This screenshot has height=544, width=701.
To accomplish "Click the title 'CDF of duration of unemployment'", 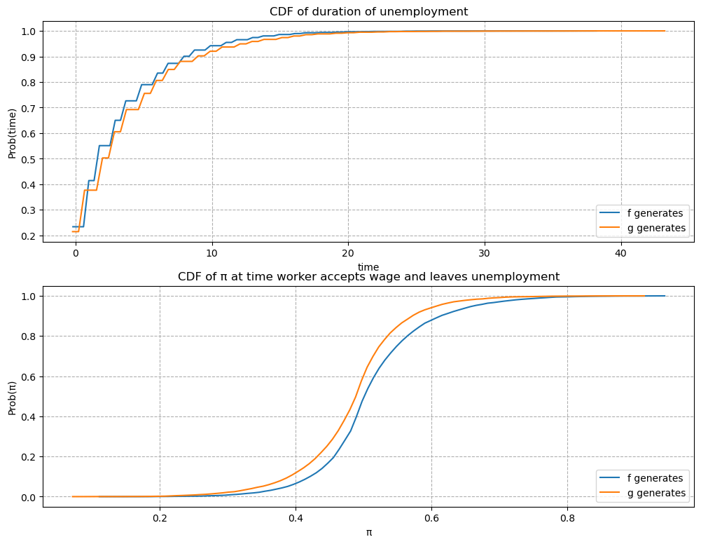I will coord(368,11).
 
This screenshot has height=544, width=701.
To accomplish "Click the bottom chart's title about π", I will coord(368,277).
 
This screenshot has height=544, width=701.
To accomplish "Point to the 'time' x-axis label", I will coord(368,266).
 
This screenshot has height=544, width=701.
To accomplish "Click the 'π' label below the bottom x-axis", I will coord(368,532).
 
